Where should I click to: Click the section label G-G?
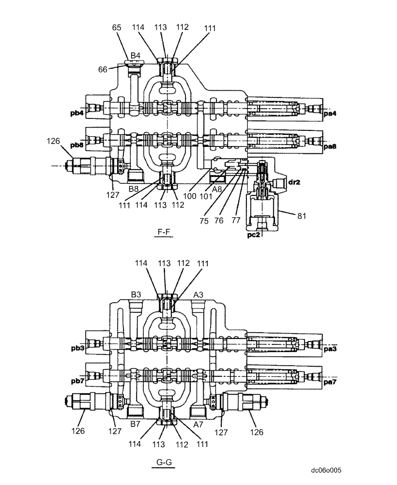[165, 462]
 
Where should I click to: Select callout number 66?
[103, 70]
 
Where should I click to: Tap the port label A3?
[199, 294]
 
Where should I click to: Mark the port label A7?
[198, 423]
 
